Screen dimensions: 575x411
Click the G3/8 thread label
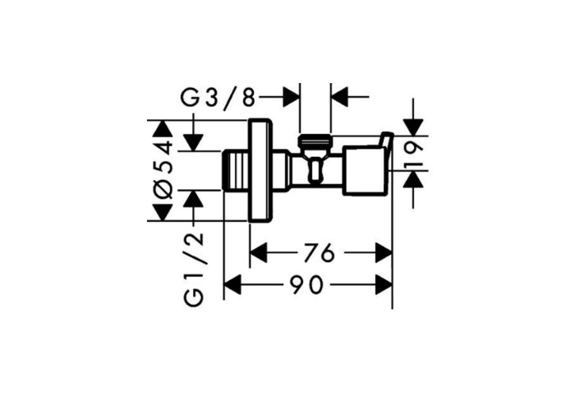(218, 97)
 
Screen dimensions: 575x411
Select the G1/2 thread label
(194, 270)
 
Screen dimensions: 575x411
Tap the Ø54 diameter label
(163, 169)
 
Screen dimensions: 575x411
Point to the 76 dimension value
(320, 253)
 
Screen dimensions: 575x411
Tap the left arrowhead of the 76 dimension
(259, 253)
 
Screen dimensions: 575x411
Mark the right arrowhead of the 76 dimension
(384, 253)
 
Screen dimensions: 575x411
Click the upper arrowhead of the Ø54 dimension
(163, 129)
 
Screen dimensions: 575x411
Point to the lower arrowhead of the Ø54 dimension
(163, 212)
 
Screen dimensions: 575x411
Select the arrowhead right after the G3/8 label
(291, 97)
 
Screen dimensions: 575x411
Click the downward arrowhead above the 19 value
(413, 127)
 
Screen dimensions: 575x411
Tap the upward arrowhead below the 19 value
(413, 179)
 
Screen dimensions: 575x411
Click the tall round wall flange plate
(260, 171)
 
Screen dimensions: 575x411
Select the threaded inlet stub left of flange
(236, 171)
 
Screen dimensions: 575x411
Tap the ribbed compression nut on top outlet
(315, 140)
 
